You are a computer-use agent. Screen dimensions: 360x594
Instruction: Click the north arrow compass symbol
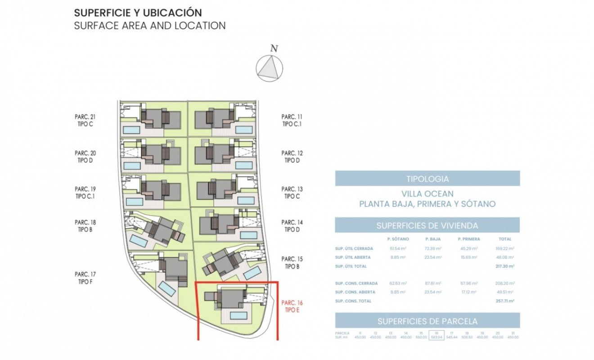coord(270,68)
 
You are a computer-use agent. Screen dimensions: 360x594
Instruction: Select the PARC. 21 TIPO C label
coord(85,120)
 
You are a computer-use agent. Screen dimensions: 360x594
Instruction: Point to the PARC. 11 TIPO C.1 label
coord(292,120)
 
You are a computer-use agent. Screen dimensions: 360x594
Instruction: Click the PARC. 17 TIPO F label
coord(85,278)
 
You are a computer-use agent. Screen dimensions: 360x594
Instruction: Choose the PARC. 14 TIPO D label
coord(292,226)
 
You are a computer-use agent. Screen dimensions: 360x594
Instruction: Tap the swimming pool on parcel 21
coord(131,130)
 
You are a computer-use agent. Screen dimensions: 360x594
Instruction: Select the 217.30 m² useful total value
coord(505,266)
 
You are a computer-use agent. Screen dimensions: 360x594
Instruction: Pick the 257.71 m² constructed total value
coord(505,301)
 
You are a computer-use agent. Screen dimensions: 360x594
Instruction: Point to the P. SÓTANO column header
coord(398,239)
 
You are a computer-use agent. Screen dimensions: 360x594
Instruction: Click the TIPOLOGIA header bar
coord(427,179)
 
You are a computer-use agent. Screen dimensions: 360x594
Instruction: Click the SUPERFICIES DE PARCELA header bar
coord(427,321)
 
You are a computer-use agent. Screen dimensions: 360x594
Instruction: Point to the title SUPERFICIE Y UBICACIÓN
coord(138,13)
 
